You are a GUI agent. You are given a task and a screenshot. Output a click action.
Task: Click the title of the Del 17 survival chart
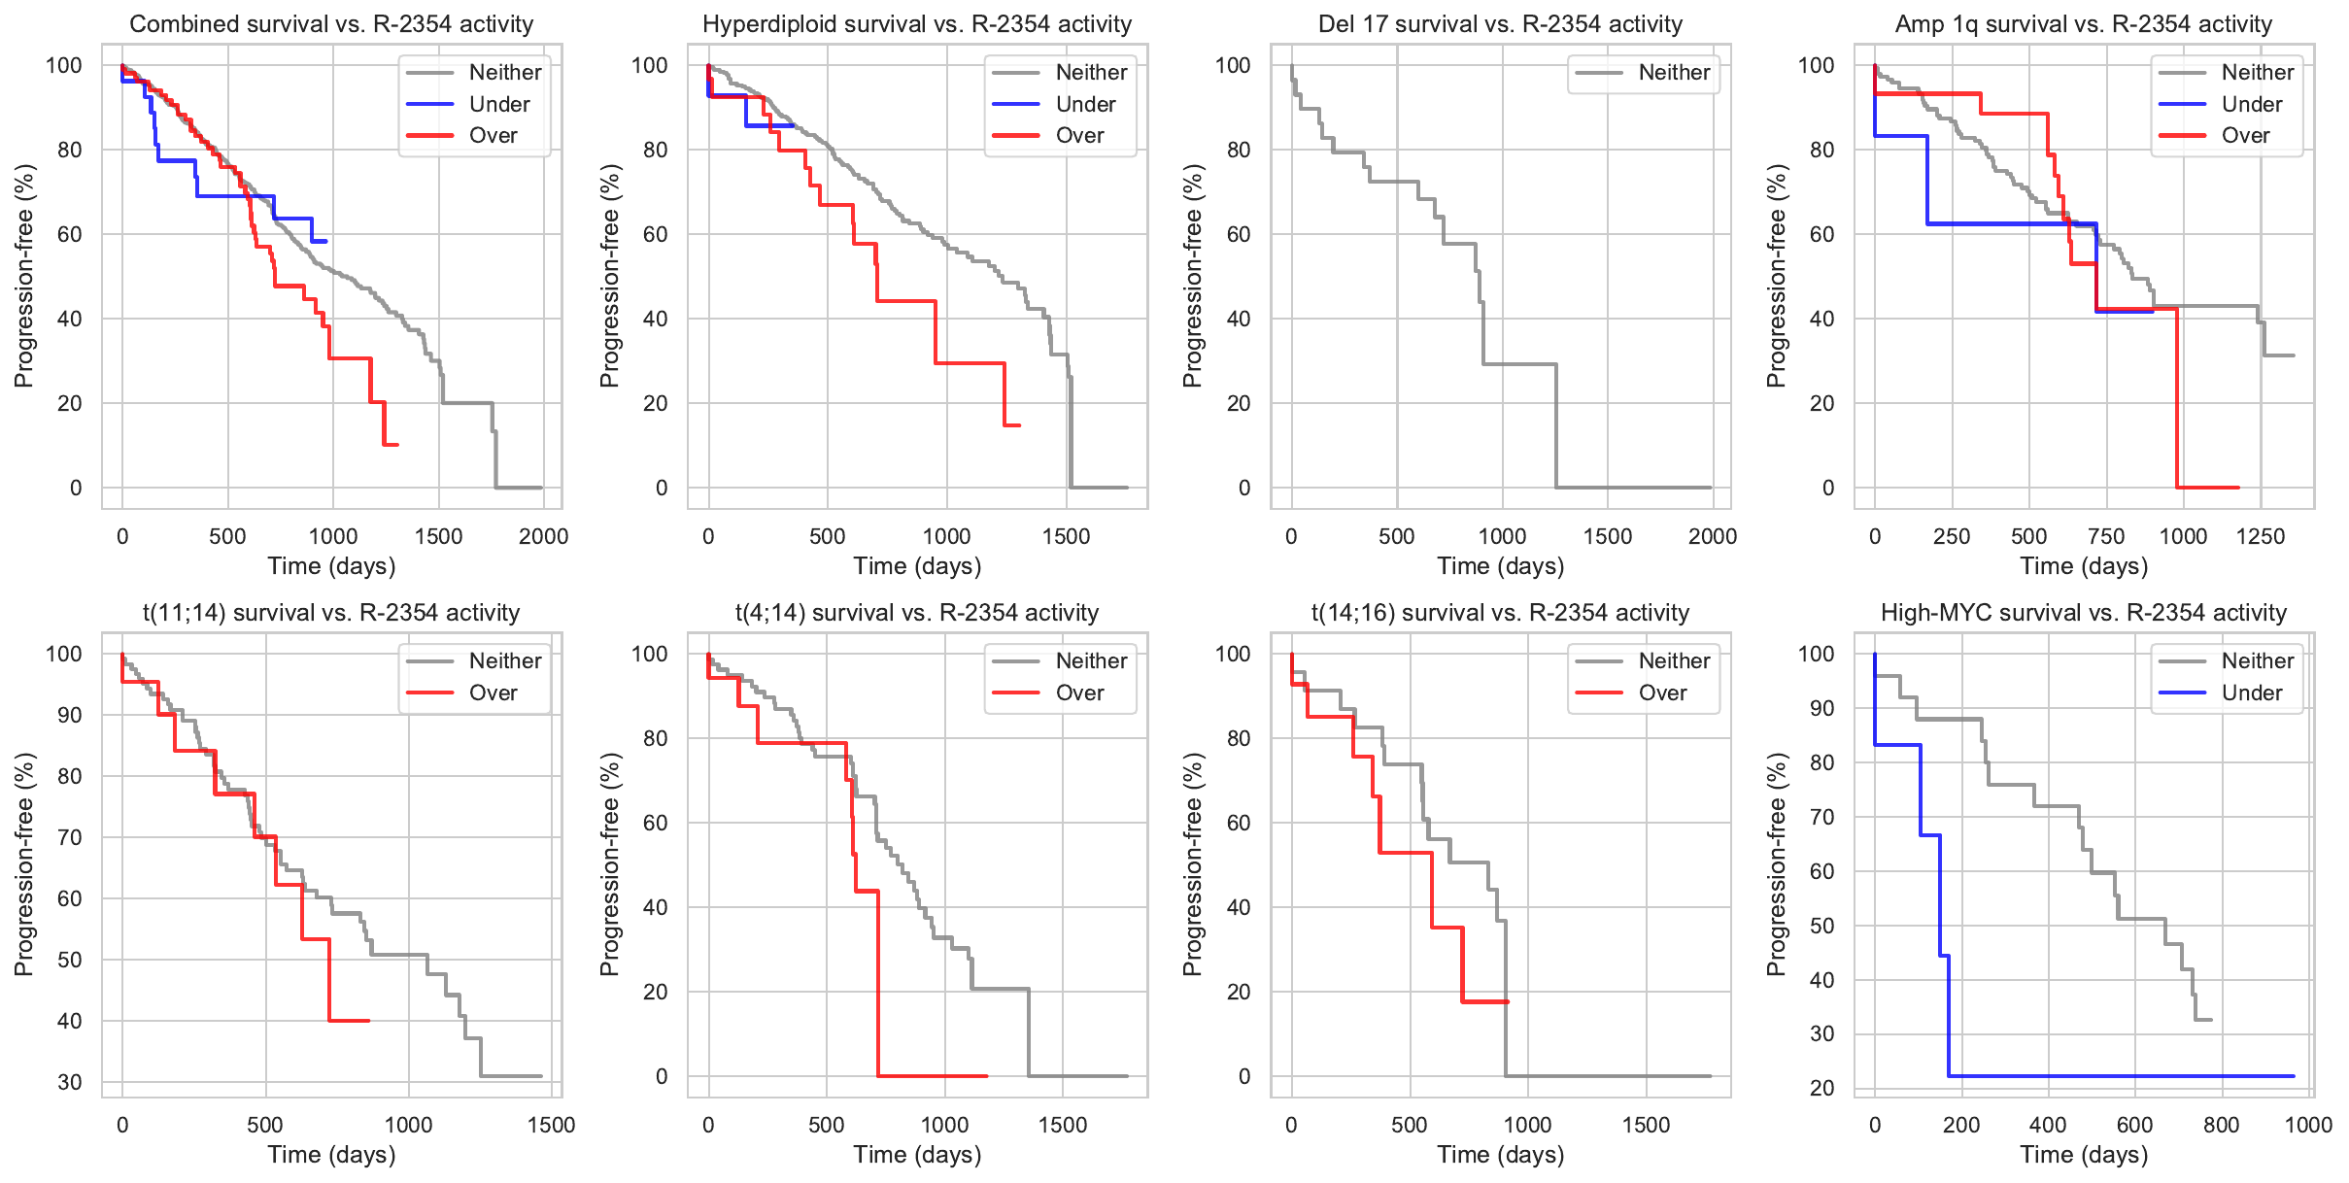(x=1500, y=24)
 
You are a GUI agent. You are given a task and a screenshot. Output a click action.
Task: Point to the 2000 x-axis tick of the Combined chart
(x=543, y=536)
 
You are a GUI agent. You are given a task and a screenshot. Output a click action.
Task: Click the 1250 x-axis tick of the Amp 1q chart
(x=2261, y=536)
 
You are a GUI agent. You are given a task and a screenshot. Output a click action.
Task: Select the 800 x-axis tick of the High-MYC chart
(x=2221, y=1125)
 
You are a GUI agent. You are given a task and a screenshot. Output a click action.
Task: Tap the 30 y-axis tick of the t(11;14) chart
(x=70, y=1082)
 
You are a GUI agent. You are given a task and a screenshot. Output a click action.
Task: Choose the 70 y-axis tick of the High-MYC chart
(x=1821, y=817)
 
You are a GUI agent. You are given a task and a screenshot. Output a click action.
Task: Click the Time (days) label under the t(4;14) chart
(x=917, y=1155)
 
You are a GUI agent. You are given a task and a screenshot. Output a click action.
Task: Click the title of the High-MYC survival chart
(x=2083, y=613)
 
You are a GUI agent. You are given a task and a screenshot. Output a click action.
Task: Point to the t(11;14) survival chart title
(x=331, y=613)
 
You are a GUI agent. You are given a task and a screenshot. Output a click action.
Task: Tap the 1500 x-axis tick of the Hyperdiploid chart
(x=1066, y=536)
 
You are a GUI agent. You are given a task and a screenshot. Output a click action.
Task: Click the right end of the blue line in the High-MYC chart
(x=2294, y=1076)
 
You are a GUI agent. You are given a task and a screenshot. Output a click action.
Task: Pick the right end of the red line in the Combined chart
(x=397, y=445)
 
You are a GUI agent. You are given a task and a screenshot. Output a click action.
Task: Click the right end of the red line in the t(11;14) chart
(x=369, y=1021)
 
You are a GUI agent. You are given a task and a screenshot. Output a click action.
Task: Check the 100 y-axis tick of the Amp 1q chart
(x=1816, y=65)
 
